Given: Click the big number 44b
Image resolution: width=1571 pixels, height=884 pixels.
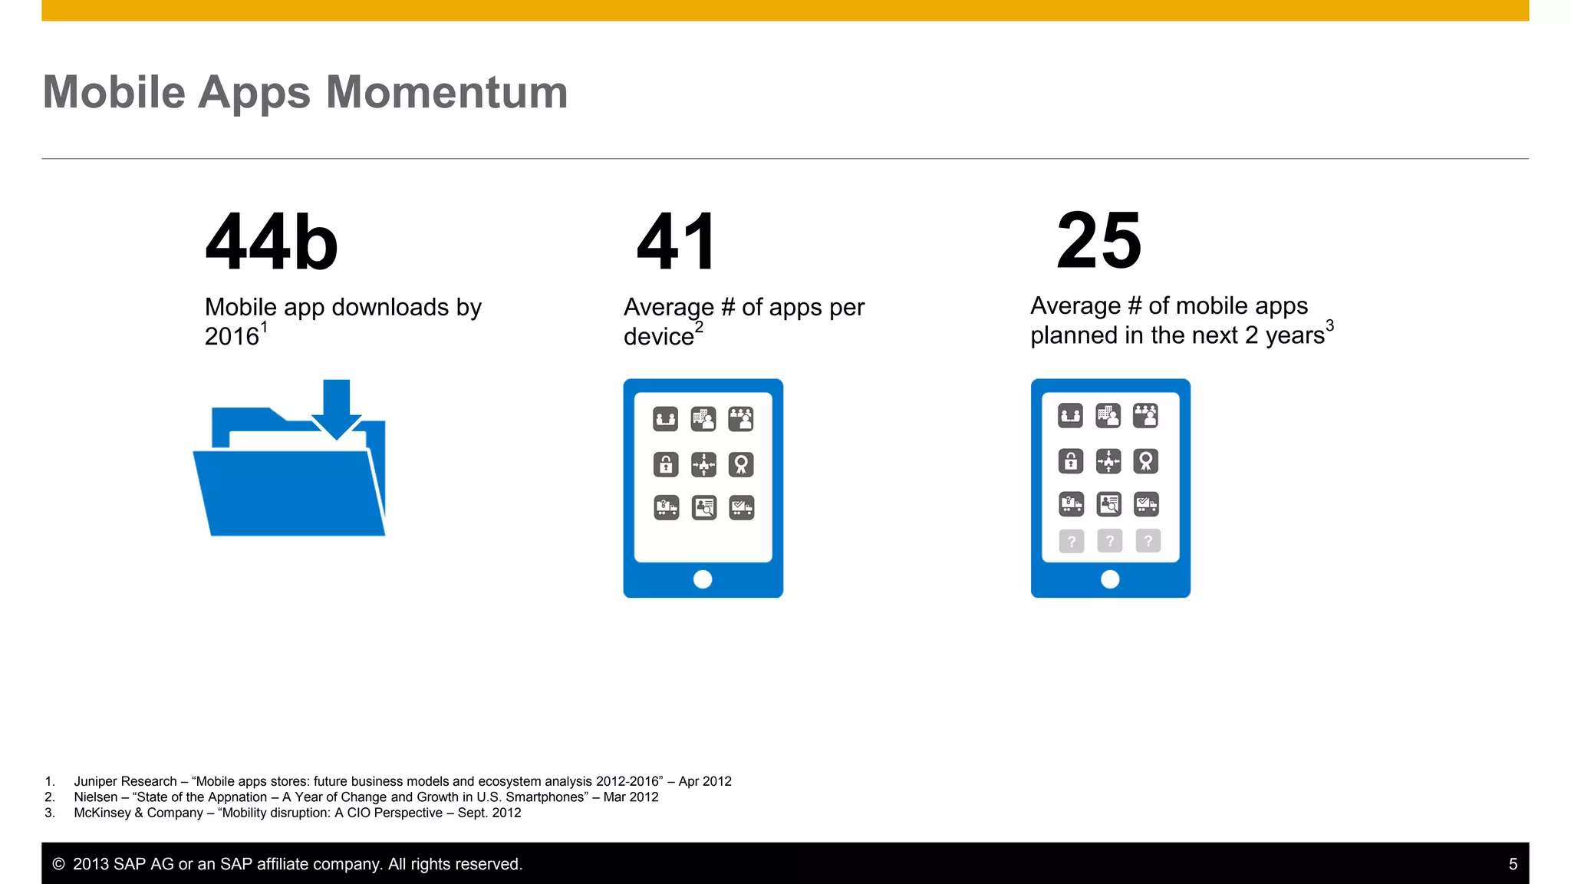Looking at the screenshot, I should tap(272, 242).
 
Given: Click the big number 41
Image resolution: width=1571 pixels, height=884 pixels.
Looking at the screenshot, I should tap(677, 242).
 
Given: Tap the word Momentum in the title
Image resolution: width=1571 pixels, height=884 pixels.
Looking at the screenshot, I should tap(446, 93).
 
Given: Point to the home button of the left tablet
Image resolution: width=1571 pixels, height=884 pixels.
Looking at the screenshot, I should tap(703, 579).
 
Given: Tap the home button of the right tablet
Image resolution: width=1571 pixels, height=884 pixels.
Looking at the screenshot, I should tap(1110, 579).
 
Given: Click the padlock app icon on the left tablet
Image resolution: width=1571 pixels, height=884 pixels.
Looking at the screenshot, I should tap(666, 464).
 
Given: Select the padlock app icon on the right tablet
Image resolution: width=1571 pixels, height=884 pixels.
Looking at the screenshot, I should tap(1071, 461).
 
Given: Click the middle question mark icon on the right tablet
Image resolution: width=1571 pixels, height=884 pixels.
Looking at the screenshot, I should tap(1109, 541).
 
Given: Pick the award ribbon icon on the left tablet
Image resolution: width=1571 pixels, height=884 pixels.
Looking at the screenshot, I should tap(741, 464).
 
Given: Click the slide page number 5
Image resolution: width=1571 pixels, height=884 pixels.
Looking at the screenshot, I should tap(1513, 864).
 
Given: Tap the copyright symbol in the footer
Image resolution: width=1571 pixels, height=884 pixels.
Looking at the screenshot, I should tap(58, 864).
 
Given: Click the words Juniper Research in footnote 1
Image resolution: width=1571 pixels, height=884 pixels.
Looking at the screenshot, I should tap(125, 781).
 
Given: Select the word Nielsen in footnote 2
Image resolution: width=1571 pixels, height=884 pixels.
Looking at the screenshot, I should tap(95, 797).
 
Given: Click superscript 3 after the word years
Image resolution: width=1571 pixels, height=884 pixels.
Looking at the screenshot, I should tap(1329, 325).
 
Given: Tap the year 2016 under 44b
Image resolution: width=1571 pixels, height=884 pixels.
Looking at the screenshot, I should tap(232, 337).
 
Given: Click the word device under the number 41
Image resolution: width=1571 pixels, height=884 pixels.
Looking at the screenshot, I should tap(658, 337).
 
